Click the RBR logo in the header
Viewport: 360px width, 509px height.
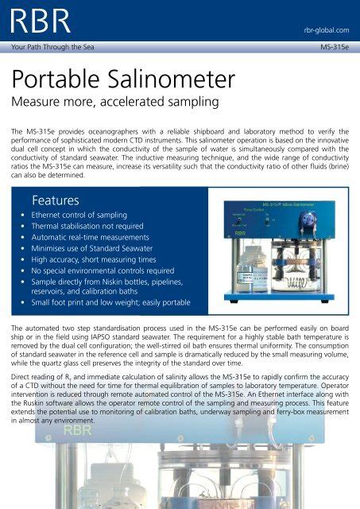(x=36, y=21)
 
